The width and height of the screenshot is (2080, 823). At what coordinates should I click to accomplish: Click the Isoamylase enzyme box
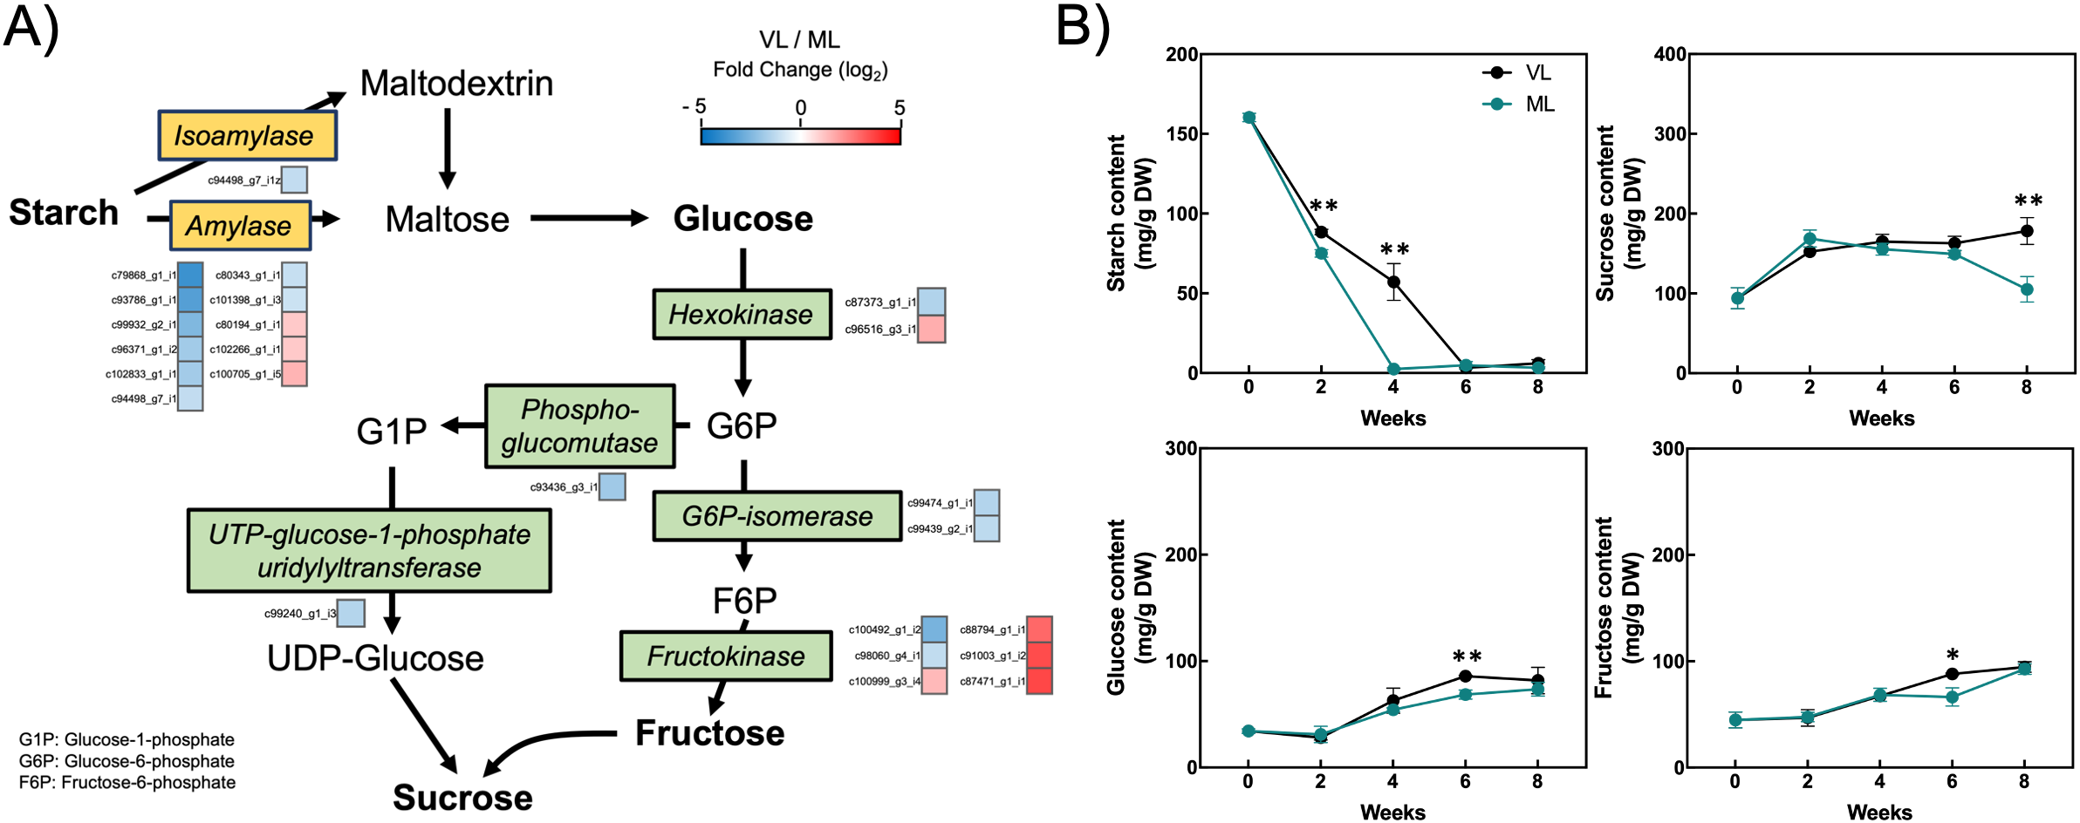(247, 136)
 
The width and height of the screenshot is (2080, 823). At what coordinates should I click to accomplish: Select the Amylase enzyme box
(240, 226)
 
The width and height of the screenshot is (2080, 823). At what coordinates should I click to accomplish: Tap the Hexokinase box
(742, 315)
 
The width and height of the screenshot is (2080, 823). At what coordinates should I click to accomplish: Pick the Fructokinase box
(726, 656)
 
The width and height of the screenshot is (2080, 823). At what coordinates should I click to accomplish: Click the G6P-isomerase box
(777, 516)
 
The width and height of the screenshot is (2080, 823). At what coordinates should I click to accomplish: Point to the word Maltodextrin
(456, 84)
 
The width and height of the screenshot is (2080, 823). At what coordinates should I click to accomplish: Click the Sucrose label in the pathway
(462, 798)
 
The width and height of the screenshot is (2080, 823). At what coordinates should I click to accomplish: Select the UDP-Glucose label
(375, 658)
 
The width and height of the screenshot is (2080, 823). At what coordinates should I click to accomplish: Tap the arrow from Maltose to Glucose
(588, 218)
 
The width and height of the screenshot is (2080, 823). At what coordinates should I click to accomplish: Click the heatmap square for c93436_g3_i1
(612, 486)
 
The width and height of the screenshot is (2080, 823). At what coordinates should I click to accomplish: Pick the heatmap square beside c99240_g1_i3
(351, 613)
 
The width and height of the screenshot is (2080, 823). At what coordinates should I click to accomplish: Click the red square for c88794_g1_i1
(1039, 629)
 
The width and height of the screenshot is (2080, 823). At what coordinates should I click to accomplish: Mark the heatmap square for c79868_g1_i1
(190, 275)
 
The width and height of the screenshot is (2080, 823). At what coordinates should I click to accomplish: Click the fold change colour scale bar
(800, 136)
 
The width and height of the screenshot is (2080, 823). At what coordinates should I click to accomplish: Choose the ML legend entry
(1519, 105)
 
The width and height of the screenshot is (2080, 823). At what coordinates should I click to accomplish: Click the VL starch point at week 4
(1393, 282)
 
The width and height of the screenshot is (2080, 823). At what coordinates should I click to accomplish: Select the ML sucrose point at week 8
(2026, 289)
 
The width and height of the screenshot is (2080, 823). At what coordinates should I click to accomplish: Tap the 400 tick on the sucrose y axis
(1669, 54)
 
